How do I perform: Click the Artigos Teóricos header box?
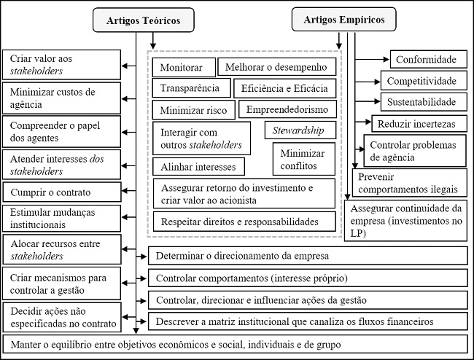(143, 20)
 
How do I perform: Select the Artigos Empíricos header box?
(343, 20)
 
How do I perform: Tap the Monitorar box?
(184, 67)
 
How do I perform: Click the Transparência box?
(191, 88)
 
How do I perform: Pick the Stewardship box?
(300, 130)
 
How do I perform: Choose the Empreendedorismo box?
(287, 109)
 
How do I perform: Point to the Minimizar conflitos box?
(304, 159)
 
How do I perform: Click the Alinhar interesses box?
(198, 166)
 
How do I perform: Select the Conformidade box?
(428, 59)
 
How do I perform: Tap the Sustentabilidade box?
(424, 102)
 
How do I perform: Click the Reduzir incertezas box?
(419, 124)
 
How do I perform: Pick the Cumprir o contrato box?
(62, 192)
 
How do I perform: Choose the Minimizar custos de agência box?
(62, 98)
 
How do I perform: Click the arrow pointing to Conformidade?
(373, 60)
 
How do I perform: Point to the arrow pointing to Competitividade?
(368, 82)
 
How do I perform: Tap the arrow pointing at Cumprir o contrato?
(129, 191)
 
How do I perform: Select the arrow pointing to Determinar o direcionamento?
(141, 257)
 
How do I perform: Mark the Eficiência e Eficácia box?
(284, 88)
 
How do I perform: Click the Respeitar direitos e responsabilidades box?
(244, 222)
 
